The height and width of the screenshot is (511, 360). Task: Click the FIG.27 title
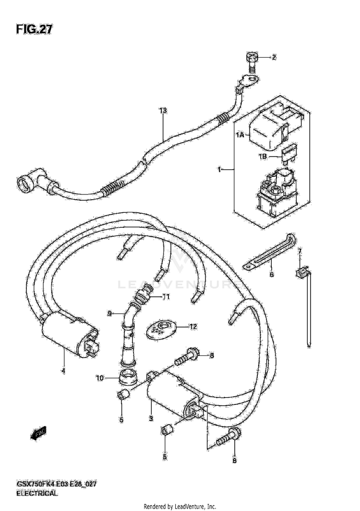click(34, 30)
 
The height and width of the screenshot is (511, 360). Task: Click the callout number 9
click(109, 314)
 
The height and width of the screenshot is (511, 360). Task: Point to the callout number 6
click(271, 274)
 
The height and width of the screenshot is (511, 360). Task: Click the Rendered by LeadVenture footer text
click(180, 506)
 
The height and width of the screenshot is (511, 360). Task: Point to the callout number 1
click(219, 170)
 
